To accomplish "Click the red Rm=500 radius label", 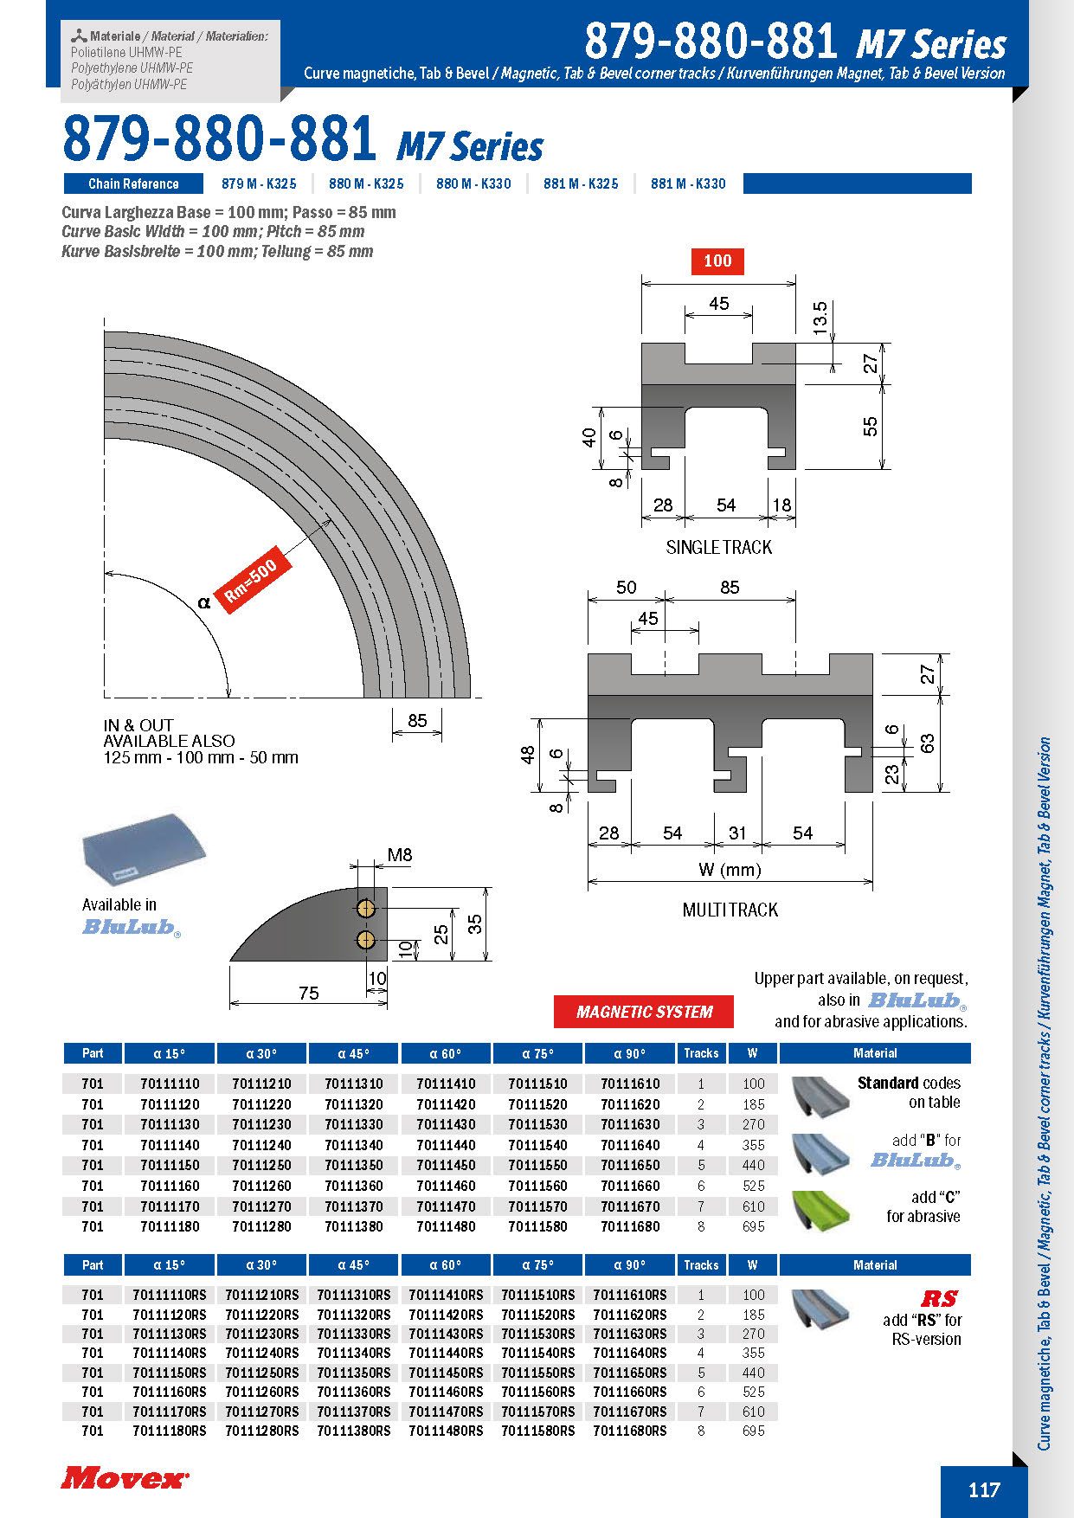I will pyautogui.click(x=251, y=581).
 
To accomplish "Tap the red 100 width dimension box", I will pyautogui.click(x=717, y=261).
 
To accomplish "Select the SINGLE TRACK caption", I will pyautogui.click(x=718, y=547).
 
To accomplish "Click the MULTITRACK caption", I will pyautogui.click(x=730, y=910).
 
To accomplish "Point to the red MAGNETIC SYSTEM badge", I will pyautogui.click(x=644, y=1012).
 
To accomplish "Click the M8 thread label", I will pyautogui.click(x=399, y=855).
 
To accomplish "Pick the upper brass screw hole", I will pyautogui.click(x=366, y=908).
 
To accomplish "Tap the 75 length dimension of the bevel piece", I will pyautogui.click(x=308, y=993).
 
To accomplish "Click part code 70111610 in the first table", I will pyautogui.click(x=630, y=1084).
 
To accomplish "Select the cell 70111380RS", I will pyautogui.click(x=353, y=1431).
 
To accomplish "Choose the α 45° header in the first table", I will pyautogui.click(x=353, y=1053).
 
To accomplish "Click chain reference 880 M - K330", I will pyautogui.click(x=473, y=183).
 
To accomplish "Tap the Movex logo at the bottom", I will pyautogui.click(x=124, y=1477).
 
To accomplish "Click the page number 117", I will pyautogui.click(x=984, y=1489).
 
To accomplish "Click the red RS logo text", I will pyautogui.click(x=939, y=1298).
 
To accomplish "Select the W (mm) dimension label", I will pyautogui.click(x=730, y=870).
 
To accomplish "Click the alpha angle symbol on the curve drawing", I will pyautogui.click(x=204, y=602).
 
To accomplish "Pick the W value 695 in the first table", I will pyautogui.click(x=753, y=1226).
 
